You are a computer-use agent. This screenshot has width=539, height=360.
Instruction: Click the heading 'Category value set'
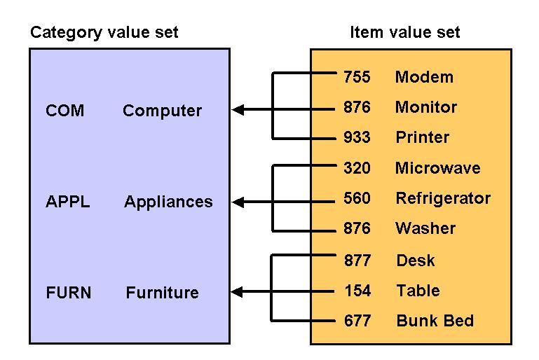(x=104, y=32)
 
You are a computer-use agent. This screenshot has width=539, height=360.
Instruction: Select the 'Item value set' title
(x=404, y=32)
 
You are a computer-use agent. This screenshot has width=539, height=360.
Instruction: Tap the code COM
(x=64, y=111)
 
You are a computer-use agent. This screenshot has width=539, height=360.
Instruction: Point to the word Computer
(x=162, y=111)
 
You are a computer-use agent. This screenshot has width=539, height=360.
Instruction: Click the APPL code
(x=67, y=202)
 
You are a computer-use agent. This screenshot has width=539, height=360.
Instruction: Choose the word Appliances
(x=168, y=202)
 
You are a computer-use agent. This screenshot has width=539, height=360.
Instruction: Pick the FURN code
(x=68, y=292)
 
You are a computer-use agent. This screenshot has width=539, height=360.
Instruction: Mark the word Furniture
(x=162, y=292)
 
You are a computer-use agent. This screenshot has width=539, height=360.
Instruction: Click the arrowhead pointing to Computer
(x=238, y=109)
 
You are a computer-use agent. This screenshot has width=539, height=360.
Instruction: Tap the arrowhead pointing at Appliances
(x=238, y=202)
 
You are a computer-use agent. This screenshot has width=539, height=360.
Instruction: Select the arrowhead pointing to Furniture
(x=238, y=291)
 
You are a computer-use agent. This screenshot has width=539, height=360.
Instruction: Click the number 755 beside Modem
(x=357, y=77)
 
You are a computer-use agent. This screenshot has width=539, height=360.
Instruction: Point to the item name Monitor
(x=425, y=107)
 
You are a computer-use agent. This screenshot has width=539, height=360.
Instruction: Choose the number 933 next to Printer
(x=357, y=137)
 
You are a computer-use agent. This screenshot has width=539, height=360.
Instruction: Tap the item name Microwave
(x=437, y=168)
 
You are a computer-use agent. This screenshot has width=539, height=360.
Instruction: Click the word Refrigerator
(x=443, y=198)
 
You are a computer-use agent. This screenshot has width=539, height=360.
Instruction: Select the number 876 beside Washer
(x=357, y=228)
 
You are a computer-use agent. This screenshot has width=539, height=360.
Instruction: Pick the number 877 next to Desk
(x=357, y=261)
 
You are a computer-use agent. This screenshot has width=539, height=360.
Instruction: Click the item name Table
(x=418, y=291)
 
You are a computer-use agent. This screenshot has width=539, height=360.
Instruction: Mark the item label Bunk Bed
(x=435, y=321)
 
